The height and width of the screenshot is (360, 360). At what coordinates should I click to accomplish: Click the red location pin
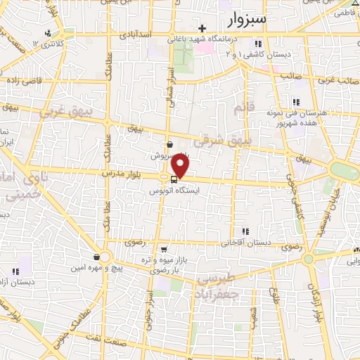pyautogui.click(x=181, y=166)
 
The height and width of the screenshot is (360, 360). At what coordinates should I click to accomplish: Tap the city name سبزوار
pyautogui.click(x=247, y=19)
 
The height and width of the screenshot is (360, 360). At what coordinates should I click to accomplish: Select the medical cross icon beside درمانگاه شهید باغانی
pyautogui.click(x=202, y=29)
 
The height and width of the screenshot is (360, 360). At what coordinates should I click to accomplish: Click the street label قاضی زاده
pyautogui.click(x=26, y=80)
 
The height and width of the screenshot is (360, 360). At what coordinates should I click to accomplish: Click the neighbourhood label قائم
pyautogui.click(x=241, y=108)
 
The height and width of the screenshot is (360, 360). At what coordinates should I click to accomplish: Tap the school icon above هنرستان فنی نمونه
pyautogui.click(x=295, y=101)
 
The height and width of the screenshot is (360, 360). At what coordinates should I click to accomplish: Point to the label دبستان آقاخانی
pyautogui.click(x=246, y=243)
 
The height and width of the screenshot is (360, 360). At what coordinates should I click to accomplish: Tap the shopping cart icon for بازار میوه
pyautogui.click(x=164, y=248)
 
